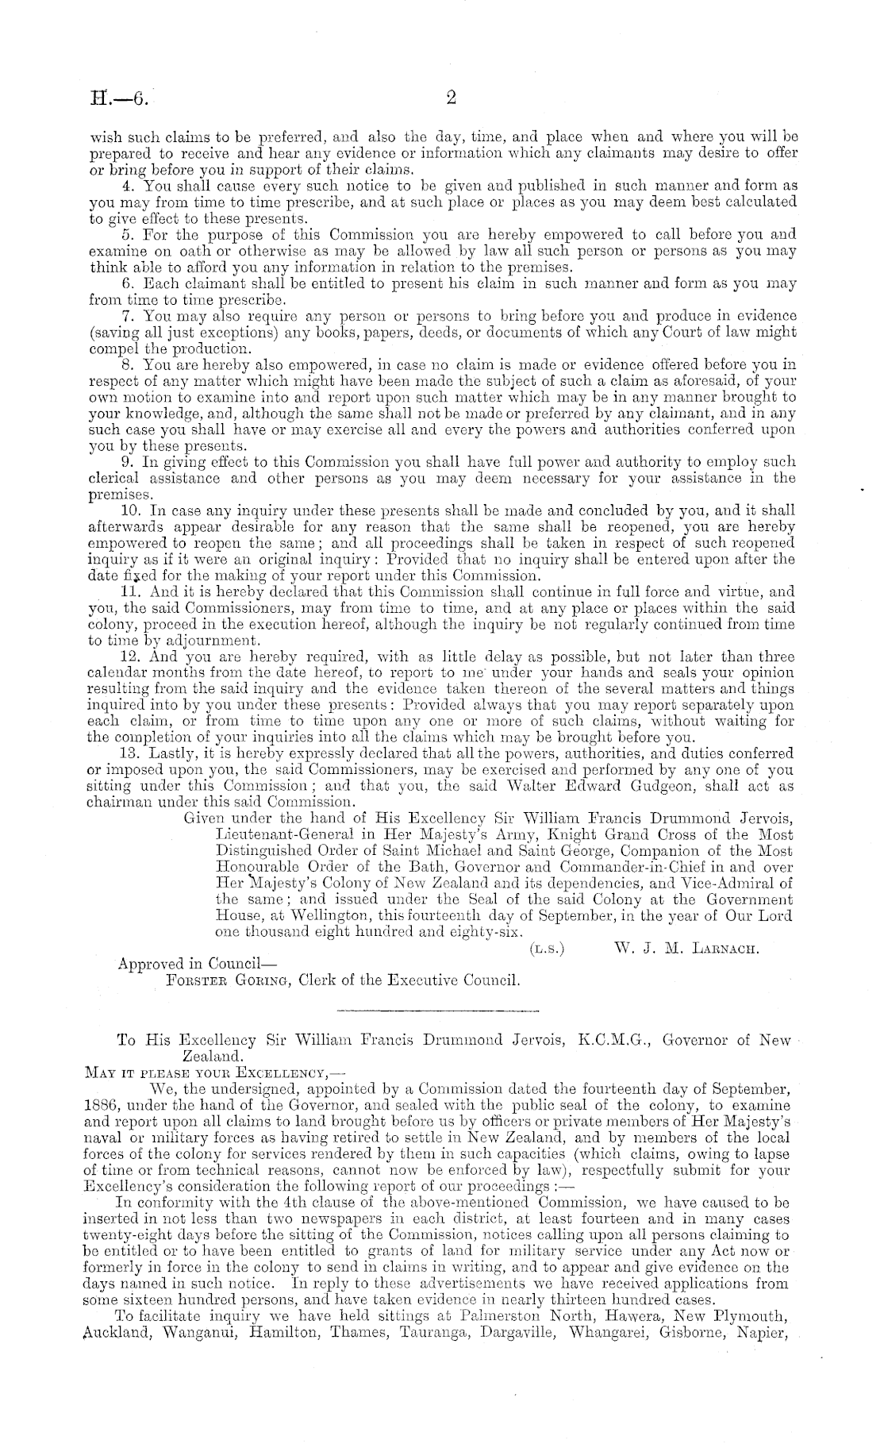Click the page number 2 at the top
pyautogui.click(x=452, y=98)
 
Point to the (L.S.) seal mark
pyautogui.click(x=546, y=948)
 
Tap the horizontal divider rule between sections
pyautogui.click(x=438, y=1011)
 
